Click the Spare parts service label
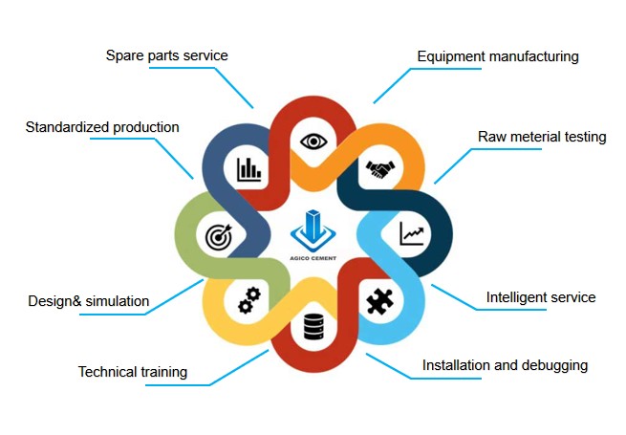[x=166, y=55]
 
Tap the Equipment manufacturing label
[x=498, y=56]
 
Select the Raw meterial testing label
[x=542, y=137]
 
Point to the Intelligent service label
[x=541, y=297]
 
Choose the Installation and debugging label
[x=505, y=365]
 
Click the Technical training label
[x=132, y=372]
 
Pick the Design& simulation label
[x=88, y=302]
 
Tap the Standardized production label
[x=101, y=127]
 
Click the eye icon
[x=313, y=141]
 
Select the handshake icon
[x=380, y=170]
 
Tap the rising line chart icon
[x=414, y=232]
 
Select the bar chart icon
[x=249, y=170]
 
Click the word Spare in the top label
[x=122, y=55]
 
